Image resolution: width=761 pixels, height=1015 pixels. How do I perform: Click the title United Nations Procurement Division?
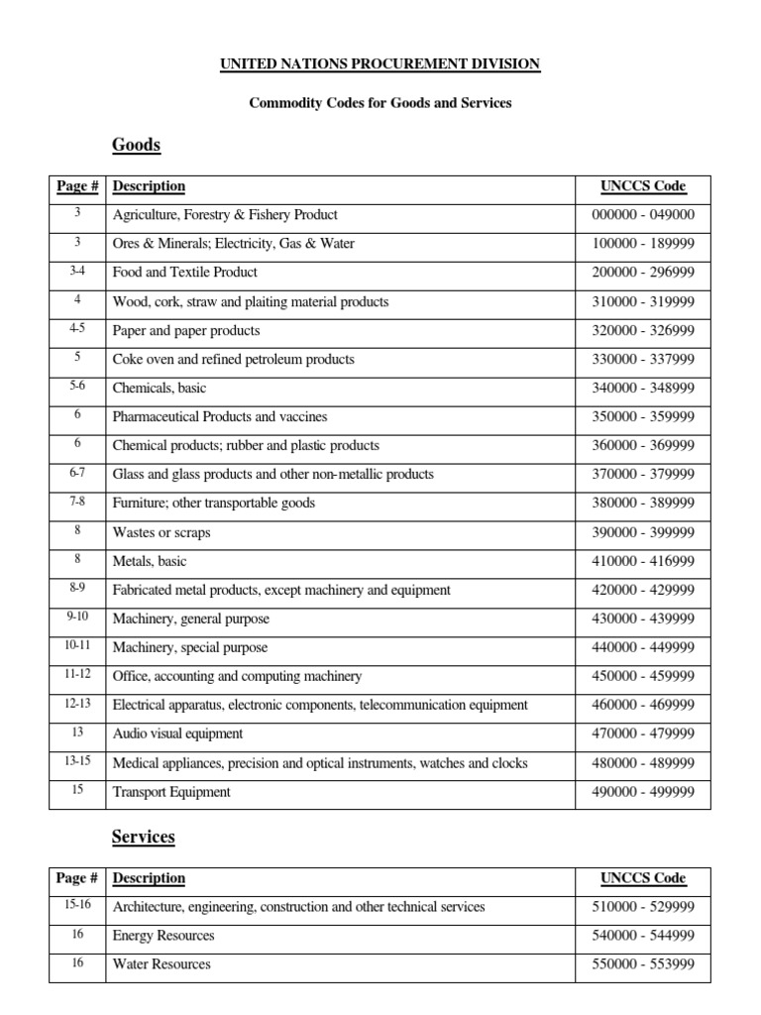click(x=380, y=64)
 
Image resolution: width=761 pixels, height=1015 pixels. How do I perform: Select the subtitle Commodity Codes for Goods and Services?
click(x=380, y=103)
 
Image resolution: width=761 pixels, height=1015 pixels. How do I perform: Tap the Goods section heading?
click(x=137, y=146)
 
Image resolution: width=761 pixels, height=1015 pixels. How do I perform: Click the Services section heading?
click(x=144, y=838)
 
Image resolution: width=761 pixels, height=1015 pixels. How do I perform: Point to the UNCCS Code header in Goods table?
click(x=643, y=186)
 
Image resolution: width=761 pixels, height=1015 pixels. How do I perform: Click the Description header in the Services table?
click(x=149, y=878)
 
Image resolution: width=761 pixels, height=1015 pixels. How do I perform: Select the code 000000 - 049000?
click(x=643, y=215)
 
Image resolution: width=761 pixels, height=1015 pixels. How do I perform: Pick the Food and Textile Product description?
click(x=185, y=273)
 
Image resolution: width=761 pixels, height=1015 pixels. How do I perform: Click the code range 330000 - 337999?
click(x=643, y=359)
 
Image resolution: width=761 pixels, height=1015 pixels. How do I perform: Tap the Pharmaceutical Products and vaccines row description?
click(x=220, y=416)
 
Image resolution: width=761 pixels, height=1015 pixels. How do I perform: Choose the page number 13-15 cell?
click(x=77, y=762)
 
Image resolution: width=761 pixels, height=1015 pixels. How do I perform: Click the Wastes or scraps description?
click(x=162, y=532)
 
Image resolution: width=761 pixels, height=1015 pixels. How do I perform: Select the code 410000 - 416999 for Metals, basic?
click(x=643, y=561)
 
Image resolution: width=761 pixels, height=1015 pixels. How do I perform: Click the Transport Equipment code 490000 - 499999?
click(x=643, y=791)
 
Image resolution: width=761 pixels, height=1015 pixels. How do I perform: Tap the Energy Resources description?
click(x=163, y=936)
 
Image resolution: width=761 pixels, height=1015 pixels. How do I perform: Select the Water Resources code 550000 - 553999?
click(x=643, y=964)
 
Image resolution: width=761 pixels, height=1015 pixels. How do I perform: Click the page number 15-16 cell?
click(x=77, y=906)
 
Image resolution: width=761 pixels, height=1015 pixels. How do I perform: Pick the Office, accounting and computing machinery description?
click(x=238, y=676)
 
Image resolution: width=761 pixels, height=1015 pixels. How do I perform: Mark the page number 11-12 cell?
click(x=77, y=675)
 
